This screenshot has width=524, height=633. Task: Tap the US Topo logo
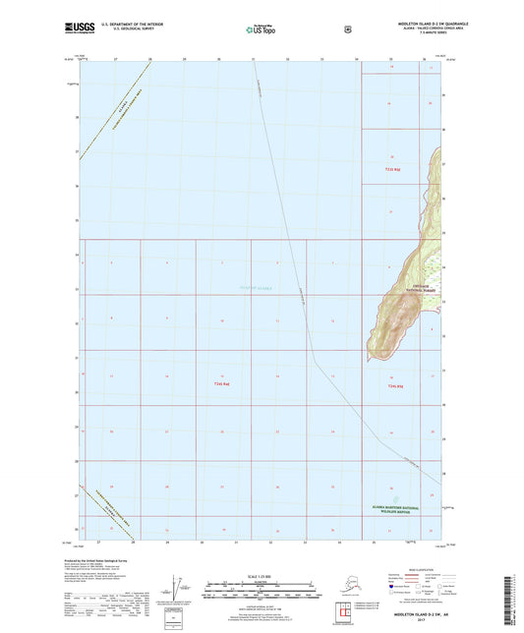click(x=260, y=29)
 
